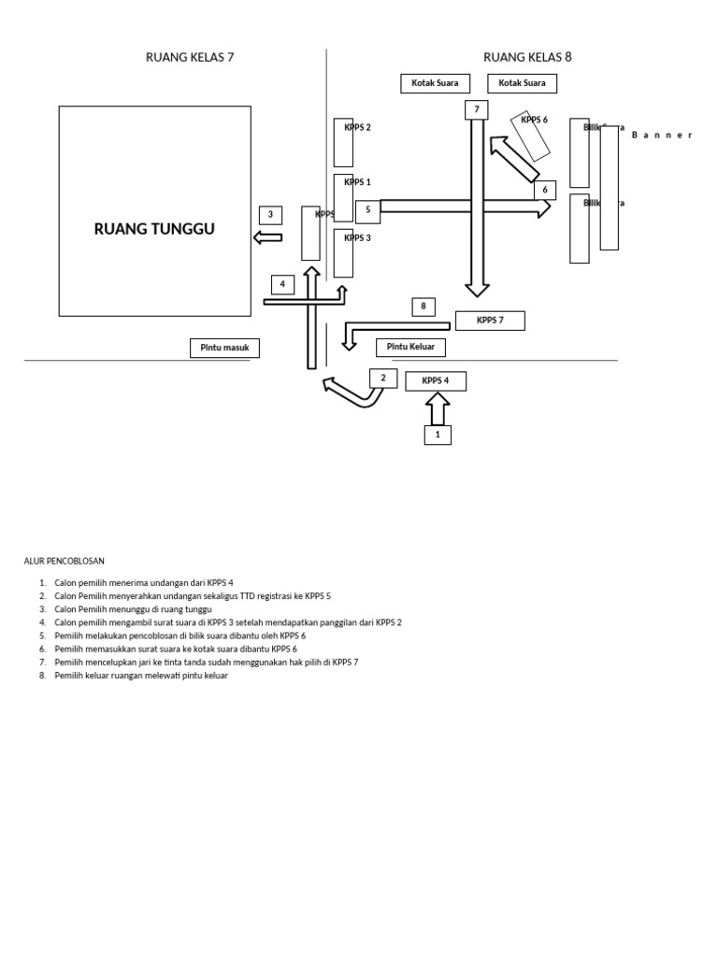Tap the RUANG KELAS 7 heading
[190, 57]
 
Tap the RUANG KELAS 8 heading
[527, 57]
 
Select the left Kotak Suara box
[435, 83]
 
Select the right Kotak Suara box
[522, 83]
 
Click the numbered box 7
[477, 110]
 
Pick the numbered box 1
[438, 435]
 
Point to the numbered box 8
[424, 307]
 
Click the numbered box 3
[270, 215]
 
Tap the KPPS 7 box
[490, 321]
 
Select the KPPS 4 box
[435, 380]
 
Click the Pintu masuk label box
[224, 348]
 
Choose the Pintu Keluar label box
[410, 348]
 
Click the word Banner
[661, 136]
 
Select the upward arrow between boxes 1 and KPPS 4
[438, 408]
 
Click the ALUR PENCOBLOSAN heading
[65, 561]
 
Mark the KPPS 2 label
[357, 127]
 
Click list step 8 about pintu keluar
[140, 676]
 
